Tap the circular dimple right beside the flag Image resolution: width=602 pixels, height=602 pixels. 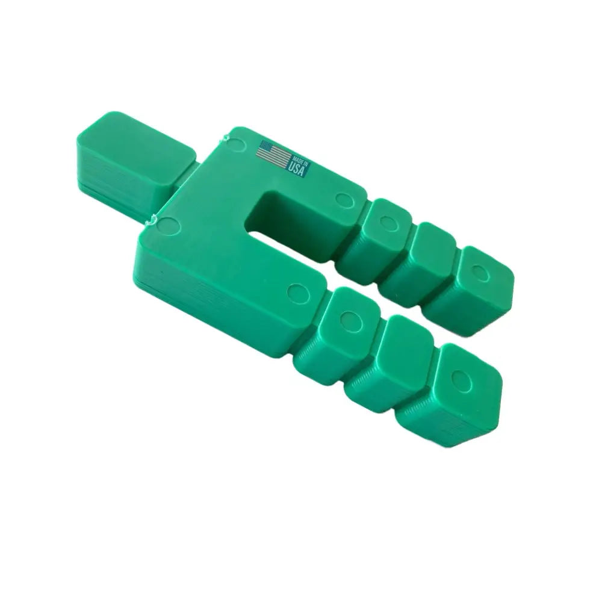pyautogui.click(x=239, y=143)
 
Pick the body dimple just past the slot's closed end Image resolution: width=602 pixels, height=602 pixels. pyautogui.click(x=344, y=199)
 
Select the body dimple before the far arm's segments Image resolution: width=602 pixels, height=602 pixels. pyautogui.click(x=296, y=293)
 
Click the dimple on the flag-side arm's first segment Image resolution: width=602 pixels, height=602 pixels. pyautogui.click(x=386, y=223)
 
